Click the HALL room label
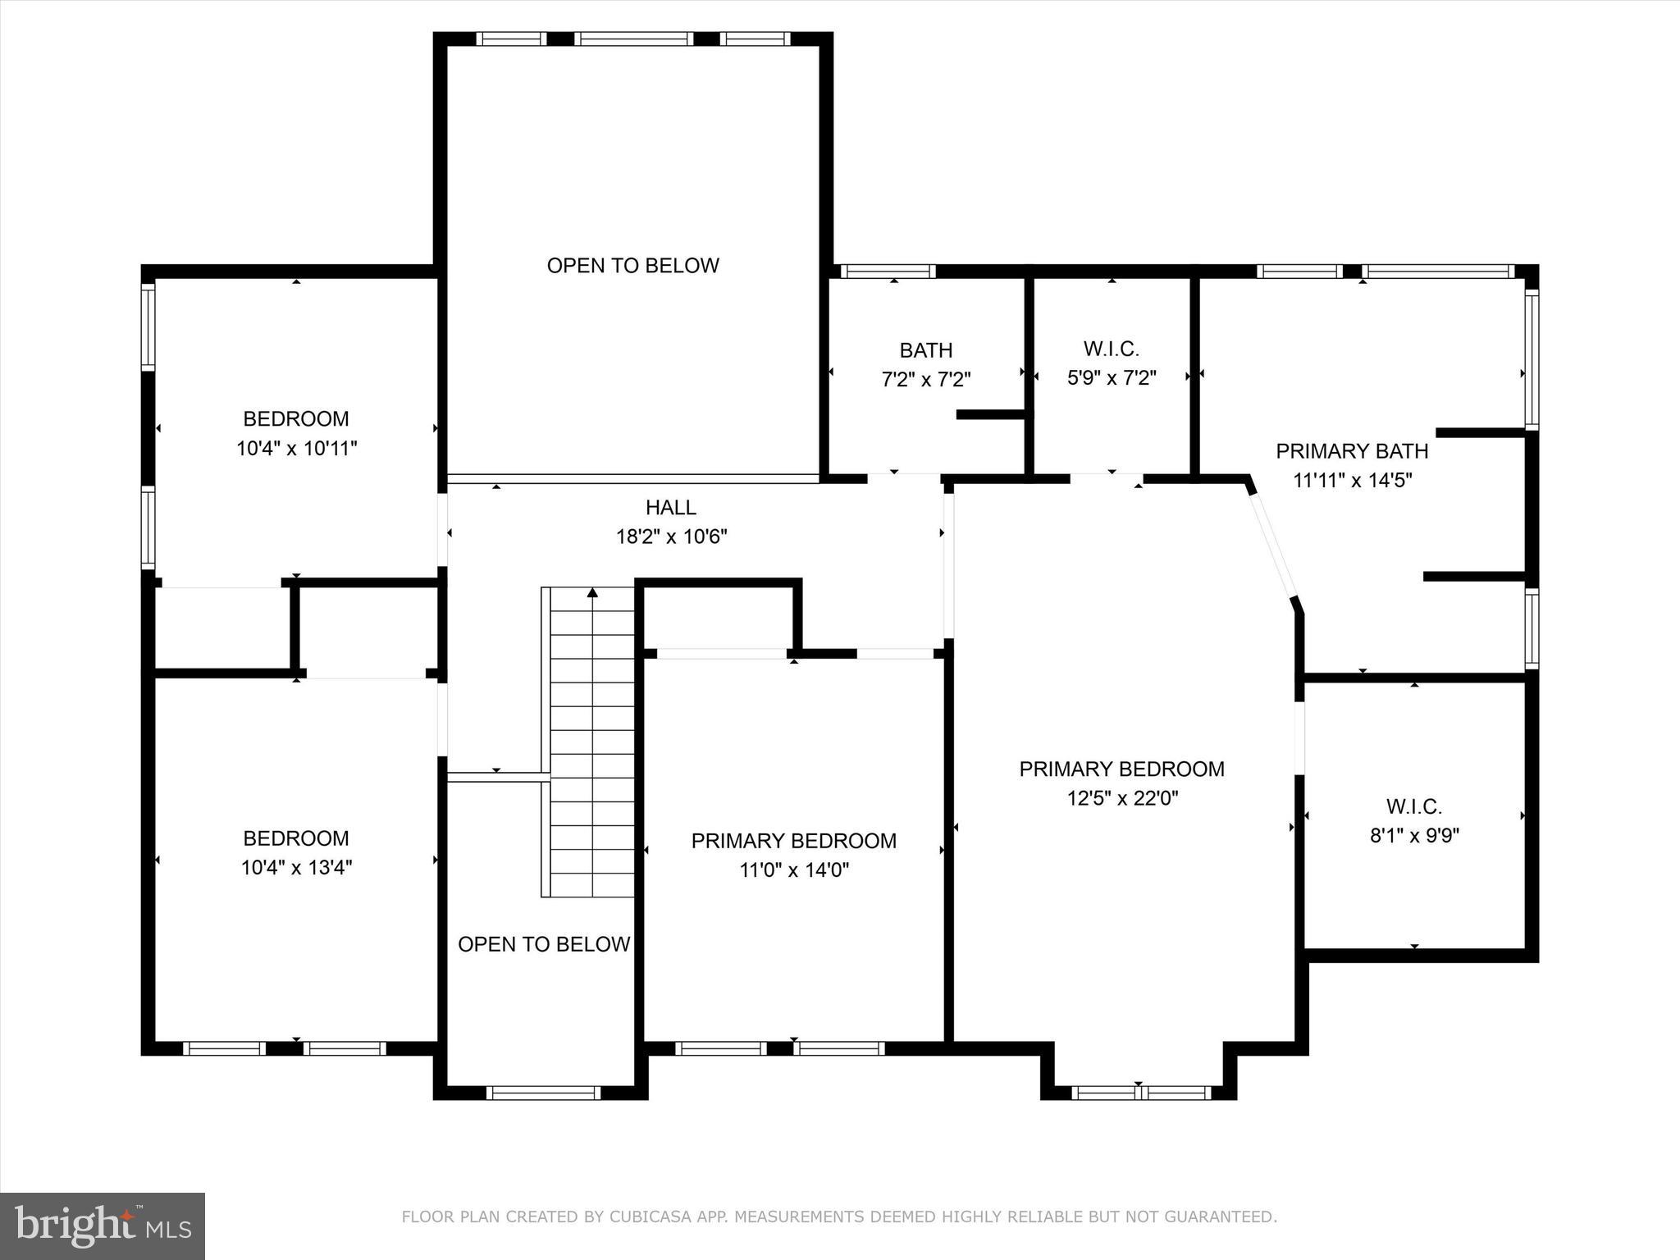point(670,508)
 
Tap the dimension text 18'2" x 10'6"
point(671,537)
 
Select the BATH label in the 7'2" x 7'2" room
point(925,350)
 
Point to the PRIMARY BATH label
point(1351,451)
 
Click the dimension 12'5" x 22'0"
point(1121,798)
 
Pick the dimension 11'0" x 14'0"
point(793,870)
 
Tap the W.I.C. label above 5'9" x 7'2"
point(1111,349)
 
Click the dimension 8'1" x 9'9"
point(1413,836)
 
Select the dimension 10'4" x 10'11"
point(296,449)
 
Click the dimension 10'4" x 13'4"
point(296,868)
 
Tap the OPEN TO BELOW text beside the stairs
point(543,944)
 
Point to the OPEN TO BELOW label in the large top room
point(632,266)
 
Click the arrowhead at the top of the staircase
point(592,592)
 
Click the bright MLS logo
point(103,1226)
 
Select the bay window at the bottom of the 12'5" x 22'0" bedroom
point(1139,1093)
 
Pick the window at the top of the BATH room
point(888,272)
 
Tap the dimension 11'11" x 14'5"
point(1351,481)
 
